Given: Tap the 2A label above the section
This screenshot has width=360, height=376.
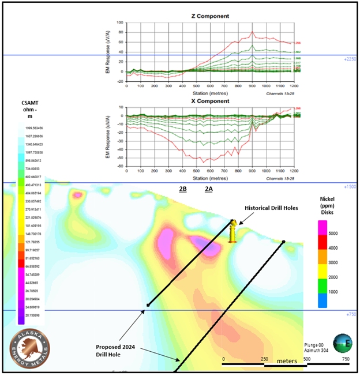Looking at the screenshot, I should pyautogui.click(x=209, y=189).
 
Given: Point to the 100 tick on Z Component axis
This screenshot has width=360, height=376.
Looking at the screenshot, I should pyautogui.click(x=121, y=23).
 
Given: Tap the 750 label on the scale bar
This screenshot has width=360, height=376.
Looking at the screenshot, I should pyautogui.click(x=344, y=359).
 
